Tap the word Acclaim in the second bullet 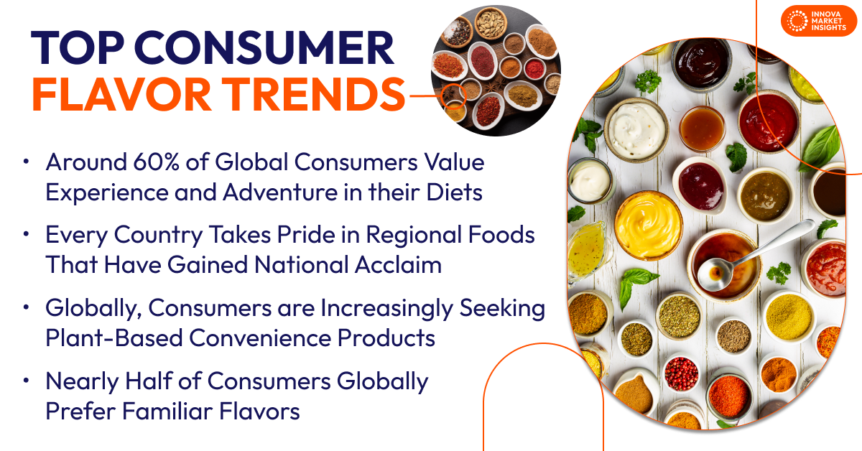(x=398, y=265)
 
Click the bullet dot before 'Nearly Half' (x=27, y=381)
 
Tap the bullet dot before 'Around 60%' (x=27, y=162)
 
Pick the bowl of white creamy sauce (x=636, y=130)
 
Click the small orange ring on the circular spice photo (x=453, y=93)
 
